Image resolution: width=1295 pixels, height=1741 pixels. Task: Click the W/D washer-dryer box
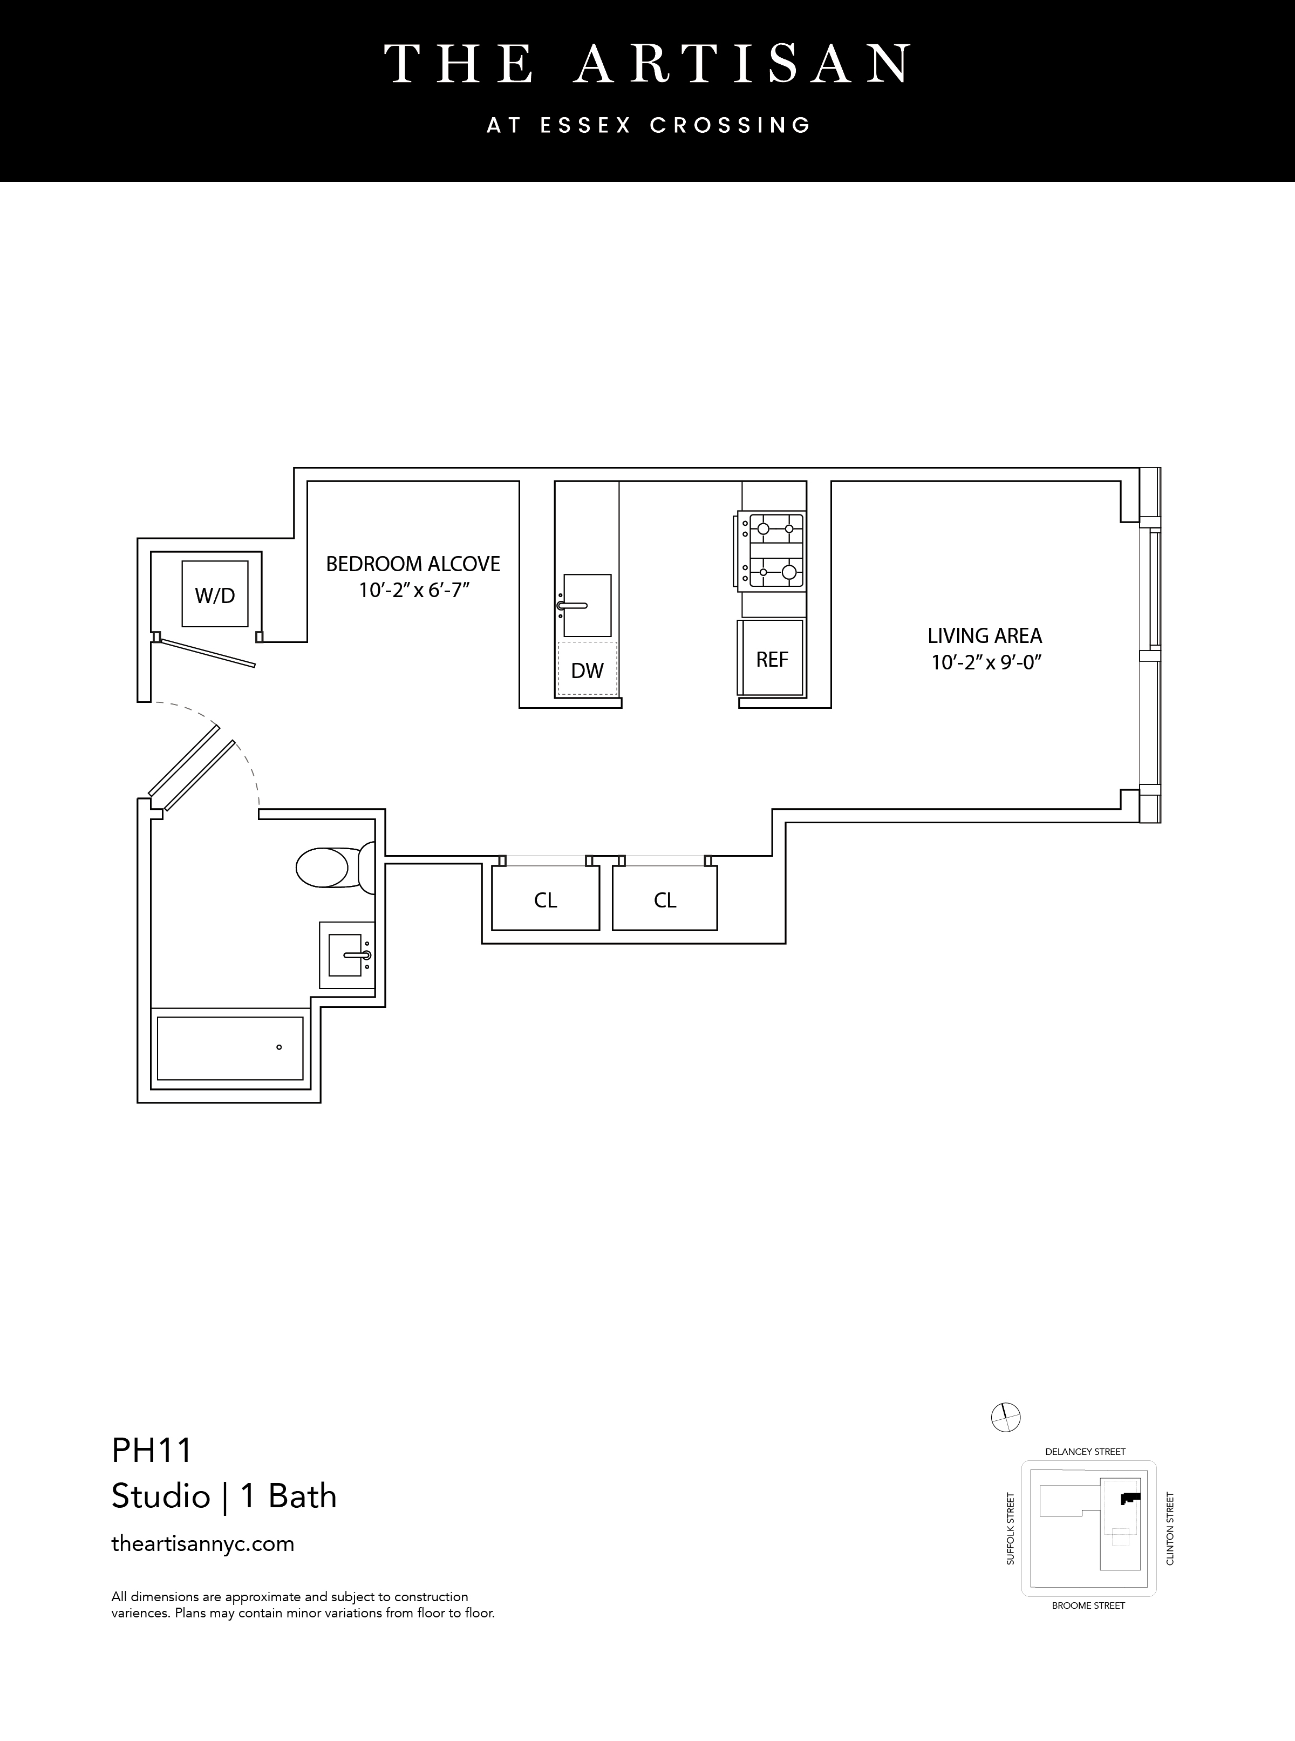pyautogui.click(x=215, y=594)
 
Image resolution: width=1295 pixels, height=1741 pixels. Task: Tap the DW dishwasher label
pyautogui.click(x=587, y=670)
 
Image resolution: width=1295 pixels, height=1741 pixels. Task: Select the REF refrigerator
pyautogui.click(x=772, y=659)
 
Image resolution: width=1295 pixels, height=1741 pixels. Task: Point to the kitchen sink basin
pyautogui.click(x=587, y=605)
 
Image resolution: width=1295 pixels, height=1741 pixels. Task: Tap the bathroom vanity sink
pyautogui.click(x=346, y=954)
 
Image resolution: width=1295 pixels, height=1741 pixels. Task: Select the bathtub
pyautogui.click(x=230, y=1048)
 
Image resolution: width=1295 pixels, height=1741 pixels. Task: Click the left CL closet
pyautogui.click(x=546, y=899)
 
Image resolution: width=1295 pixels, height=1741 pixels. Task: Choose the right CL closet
pyautogui.click(x=665, y=899)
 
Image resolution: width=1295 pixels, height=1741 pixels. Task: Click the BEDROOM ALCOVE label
pyautogui.click(x=413, y=564)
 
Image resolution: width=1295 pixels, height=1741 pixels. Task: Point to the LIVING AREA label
pyautogui.click(x=985, y=636)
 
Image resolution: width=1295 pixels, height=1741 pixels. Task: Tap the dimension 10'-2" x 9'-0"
pyautogui.click(x=985, y=663)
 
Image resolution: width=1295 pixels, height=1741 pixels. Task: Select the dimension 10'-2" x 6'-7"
pyautogui.click(x=413, y=590)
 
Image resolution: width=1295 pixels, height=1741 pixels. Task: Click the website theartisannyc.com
pyautogui.click(x=203, y=1543)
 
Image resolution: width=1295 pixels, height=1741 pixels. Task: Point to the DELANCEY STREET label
pyautogui.click(x=1085, y=1452)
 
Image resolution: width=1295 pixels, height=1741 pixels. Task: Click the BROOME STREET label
pyautogui.click(x=1088, y=1605)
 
